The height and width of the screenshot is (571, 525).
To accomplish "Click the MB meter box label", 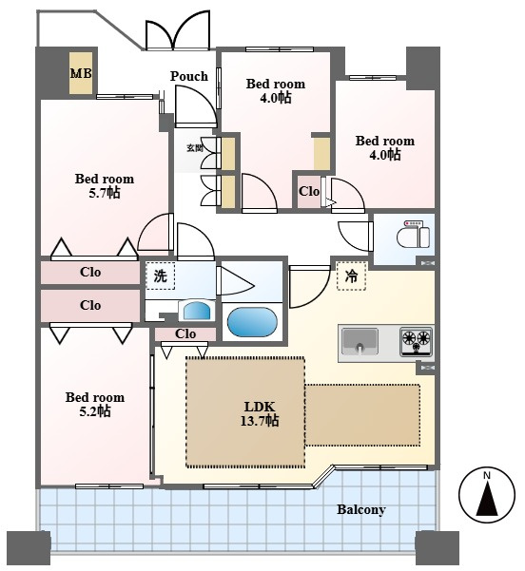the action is (x=81, y=73).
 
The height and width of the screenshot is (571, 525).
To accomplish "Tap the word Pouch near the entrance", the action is (x=189, y=76).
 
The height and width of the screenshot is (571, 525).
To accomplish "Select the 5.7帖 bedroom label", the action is (x=105, y=185).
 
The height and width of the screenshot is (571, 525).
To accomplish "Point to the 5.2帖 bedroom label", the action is (x=95, y=404).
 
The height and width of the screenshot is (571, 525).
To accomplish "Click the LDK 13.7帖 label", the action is (x=260, y=413).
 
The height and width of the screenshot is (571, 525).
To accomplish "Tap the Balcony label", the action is (x=361, y=509).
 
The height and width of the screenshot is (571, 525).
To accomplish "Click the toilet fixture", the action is (x=414, y=235).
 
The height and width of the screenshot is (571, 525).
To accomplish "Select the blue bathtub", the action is (x=252, y=322).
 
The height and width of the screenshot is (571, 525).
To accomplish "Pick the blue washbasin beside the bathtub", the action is (x=197, y=311).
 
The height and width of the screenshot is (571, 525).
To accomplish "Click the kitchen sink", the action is (x=360, y=340).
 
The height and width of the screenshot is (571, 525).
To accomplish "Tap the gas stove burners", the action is (x=417, y=341).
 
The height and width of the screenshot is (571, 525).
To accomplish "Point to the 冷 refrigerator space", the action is (x=352, y=276).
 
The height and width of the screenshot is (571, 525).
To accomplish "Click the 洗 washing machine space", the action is (x=160, y=276).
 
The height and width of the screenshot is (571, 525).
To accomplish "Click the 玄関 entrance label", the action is (x=194, y=148).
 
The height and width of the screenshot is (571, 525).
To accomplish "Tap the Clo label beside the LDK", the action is (x=185, y=333).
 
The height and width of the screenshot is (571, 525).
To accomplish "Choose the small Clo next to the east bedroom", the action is (x=309, y=192).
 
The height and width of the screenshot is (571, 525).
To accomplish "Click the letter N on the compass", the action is (x=487, y=476).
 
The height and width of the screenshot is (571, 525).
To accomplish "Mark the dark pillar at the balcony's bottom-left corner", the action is (x=29, y=547).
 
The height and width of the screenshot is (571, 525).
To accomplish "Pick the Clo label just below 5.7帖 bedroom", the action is (x=90, y=272).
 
